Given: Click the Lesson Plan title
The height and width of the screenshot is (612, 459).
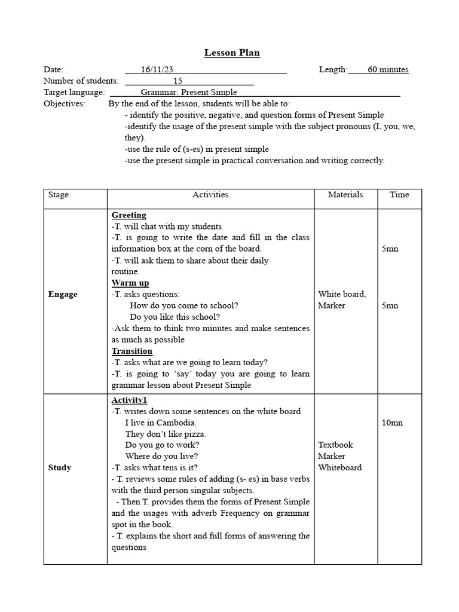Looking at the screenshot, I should [232, 53].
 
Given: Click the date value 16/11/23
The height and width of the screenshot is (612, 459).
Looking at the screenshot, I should [157, 69].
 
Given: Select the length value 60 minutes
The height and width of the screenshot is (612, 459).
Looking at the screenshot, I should [388, 69].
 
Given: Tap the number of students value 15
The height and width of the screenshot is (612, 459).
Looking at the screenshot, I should [178, 81].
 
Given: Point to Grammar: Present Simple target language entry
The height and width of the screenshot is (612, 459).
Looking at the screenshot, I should [189, 92].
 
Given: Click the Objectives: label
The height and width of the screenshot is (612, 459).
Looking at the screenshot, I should [65, 103].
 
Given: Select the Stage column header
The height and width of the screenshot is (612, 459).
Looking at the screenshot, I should [59, 195].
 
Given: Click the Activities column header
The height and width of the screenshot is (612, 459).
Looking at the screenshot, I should [210, 195].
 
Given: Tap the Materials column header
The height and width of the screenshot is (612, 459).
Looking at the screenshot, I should [345, 195].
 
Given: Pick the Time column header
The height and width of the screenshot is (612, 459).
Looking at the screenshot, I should [399, 195].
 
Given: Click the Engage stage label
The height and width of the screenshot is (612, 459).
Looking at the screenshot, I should [63, 294].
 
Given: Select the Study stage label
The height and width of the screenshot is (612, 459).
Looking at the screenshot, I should [60, 467].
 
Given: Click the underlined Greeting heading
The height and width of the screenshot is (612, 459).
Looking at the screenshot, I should [128, 215].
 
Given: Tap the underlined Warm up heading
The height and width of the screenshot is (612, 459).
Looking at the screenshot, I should [130, 283].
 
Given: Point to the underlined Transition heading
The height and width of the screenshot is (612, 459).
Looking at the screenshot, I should [132, 351].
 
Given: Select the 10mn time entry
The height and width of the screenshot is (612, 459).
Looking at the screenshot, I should [392, 423].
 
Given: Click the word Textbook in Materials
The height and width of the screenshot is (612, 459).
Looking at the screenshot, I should [335, 445].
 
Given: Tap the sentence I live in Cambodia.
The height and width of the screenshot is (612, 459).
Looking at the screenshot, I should [160, 423].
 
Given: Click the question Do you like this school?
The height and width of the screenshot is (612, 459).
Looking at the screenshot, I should [175, 317].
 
